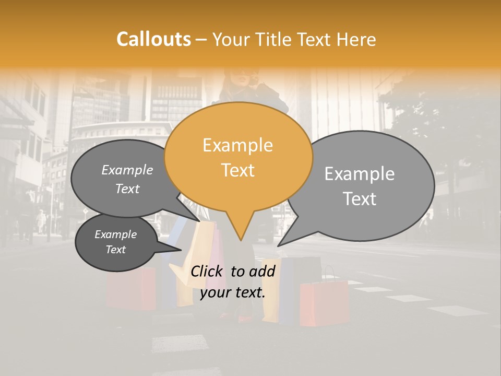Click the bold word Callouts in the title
[x=153, y=39]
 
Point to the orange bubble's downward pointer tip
[x=241, y=240]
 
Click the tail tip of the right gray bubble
[x=278, y=245]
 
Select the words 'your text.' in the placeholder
[x=233, y=292]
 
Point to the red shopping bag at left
[x=130, y=287]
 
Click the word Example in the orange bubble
[x=237, y=145]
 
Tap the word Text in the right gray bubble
[x=360, y=199]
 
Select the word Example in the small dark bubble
[x=115, y=234]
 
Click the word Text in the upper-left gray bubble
[x=127, y=189]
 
